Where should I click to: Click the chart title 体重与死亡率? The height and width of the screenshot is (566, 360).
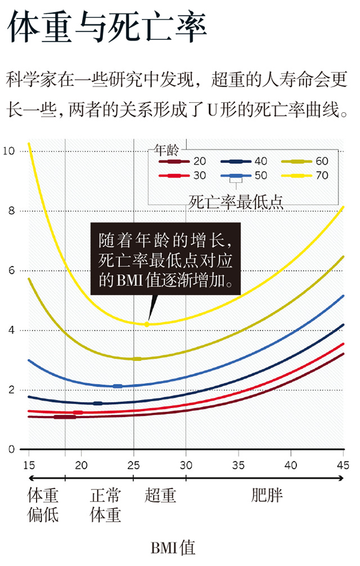107,28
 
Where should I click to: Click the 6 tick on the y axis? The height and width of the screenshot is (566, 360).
11,270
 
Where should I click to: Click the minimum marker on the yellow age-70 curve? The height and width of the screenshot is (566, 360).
147,324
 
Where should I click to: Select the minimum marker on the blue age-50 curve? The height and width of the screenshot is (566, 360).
118,386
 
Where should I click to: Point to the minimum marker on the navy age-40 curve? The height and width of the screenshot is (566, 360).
98,403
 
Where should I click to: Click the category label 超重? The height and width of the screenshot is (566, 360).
160,495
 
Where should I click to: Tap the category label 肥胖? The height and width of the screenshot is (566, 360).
267,495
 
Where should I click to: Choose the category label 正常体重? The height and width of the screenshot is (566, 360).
105,504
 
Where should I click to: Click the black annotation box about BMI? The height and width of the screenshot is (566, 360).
165,259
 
